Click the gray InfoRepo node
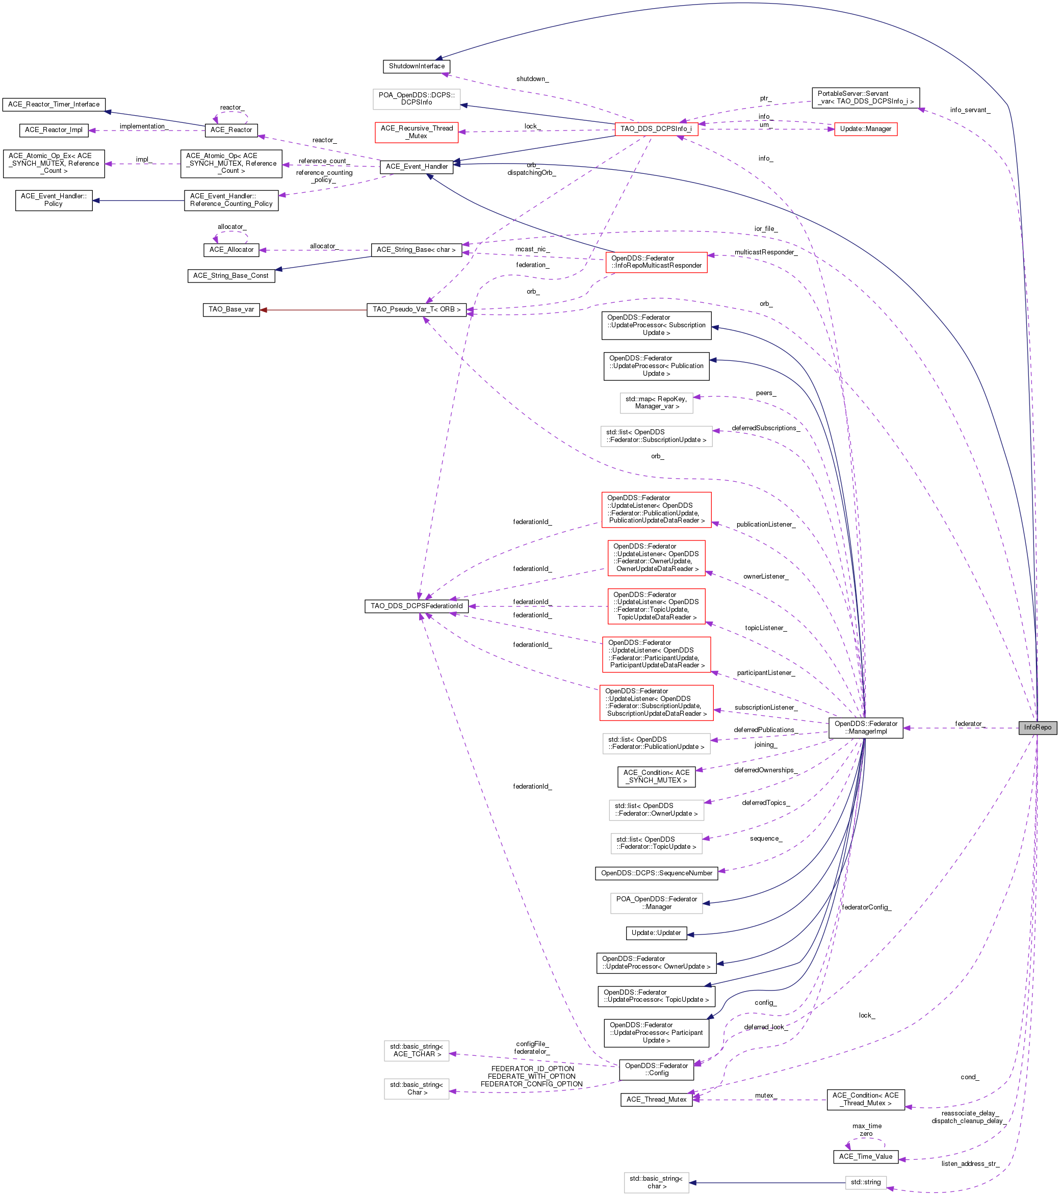1037,727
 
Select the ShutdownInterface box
416,66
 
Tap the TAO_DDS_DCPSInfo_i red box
656,129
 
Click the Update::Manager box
865,129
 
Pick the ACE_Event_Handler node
416,167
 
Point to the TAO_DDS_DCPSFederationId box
416,606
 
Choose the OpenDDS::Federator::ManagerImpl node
865,727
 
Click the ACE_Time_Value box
865,1156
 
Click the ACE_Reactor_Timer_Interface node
54,104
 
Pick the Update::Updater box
656,933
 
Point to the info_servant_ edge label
969,110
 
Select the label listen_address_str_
969,1164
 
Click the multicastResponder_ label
764,252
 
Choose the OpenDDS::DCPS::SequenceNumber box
656,873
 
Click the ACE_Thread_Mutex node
656,1100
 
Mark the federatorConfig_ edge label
865,907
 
